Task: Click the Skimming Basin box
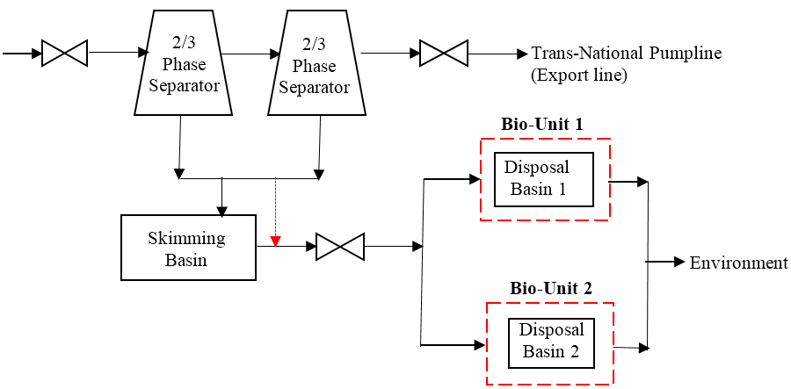pyautogui.click(x=187, y=249)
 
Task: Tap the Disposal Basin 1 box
pyautogui.click(x=543, y=179)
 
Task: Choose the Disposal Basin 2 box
pyautogui.click(x=551, y=342)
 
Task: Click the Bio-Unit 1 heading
pyautogui.click(x=542, y=125)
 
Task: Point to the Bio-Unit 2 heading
pyautogui.click(x=551, y=288)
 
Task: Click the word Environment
pyautogui.click(x=738, y=263)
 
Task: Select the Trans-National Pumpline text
pyautogui.click(x=626, y=54)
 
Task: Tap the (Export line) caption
pyautogui.click(x=579, y=76)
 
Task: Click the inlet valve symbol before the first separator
pyautogui.click(x=64, y=54)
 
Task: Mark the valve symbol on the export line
pyautogui.click(x=444, y=54)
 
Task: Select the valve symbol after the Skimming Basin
pyautogui.click(x=339, y=247)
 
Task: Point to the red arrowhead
pyautogui.click(x=275, y=241)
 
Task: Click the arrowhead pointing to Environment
pyautogui.click(x=679, y=262)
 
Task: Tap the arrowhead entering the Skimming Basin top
pyautogui.click(x=221, y=211)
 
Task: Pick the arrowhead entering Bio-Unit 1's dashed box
pyautogui.click(x=475, y=180)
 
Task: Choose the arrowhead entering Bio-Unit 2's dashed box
pyautogui.click(x=479, y=345)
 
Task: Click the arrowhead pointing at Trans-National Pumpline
pyautogui.click(x=522, y=54)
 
